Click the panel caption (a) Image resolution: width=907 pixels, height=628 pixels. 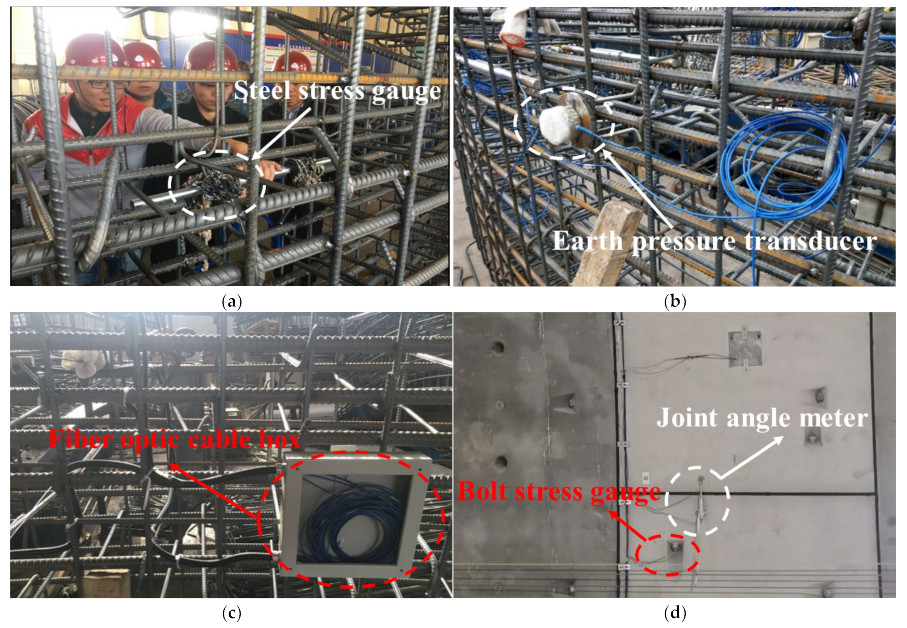click(x=231, y=302)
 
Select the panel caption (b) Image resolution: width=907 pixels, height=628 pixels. click(x=674, y=302)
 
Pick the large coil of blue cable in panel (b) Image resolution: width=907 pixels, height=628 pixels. click(x=781, y=165)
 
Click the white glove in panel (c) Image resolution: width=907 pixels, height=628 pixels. click(x=83, y=362)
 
